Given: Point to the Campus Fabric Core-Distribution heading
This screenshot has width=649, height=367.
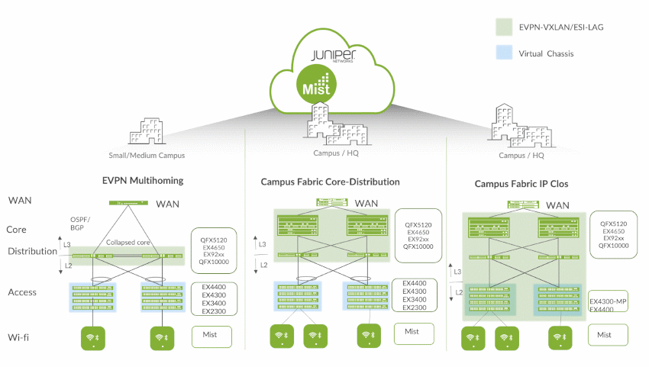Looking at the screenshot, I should (x=330, y=182).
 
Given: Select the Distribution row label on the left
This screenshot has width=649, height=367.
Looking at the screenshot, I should (x=32, y=252).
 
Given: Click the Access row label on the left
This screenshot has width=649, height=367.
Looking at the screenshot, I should (x=23, y=292).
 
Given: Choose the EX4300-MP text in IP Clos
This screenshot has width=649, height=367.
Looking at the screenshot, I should (x=609, y=301).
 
